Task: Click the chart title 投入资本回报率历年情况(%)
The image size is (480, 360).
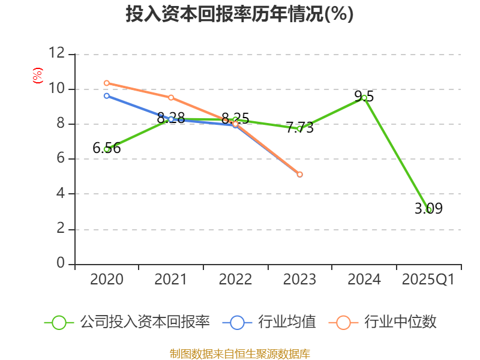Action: (239, 14)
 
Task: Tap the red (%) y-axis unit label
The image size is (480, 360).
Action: (38, 76)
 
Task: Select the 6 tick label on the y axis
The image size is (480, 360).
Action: (60, 159)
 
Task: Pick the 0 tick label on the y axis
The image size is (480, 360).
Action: (60, 264)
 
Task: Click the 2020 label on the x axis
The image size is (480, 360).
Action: (107, 280)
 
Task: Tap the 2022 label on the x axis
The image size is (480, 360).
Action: (235, 280)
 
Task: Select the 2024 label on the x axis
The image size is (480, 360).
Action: (364, 280)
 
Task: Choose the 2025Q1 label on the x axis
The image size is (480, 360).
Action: (428, 280)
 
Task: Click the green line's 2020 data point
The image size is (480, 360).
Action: (107, 149)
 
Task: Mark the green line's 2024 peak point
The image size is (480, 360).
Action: (364, 97)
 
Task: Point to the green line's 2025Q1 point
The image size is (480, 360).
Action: (428, 209)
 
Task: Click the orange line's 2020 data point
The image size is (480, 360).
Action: (107, 83)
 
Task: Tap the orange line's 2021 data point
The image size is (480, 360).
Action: (171, 97)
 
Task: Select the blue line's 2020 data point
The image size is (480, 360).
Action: (107, 95)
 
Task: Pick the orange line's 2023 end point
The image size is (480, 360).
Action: (300, 174)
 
